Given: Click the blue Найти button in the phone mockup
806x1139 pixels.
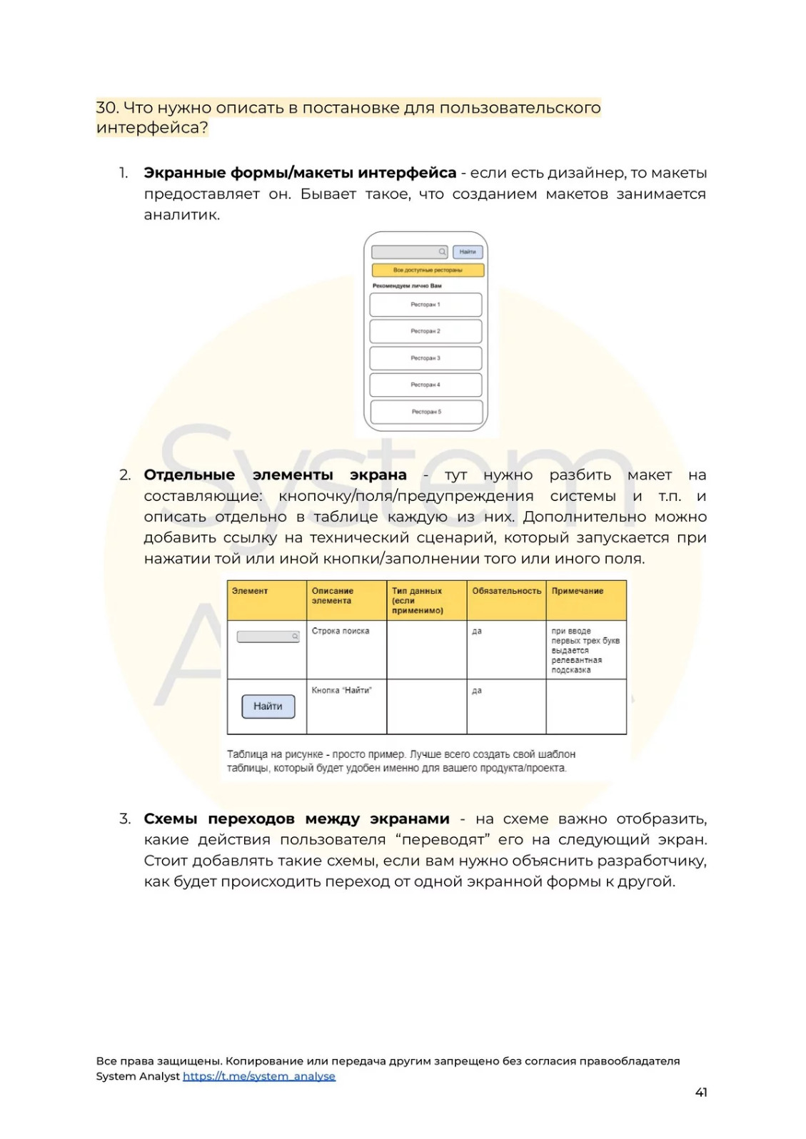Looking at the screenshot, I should pyautogui.click(x=468, y=252).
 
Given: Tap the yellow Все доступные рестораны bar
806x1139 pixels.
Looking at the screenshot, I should pyautogui.click(x=428, y=270).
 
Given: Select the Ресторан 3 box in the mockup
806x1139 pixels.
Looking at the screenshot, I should pyautogui.click(x=425, y=358).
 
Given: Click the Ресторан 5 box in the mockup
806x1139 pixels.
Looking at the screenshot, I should pyautogui.click(x=426, y=412).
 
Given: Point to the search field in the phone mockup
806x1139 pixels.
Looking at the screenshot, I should pyautogui.click(x=410, y=252).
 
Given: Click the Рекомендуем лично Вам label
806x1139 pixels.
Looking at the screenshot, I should pyautogui.click(x=407, y=286).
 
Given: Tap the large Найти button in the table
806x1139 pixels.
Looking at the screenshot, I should pyautogui.click(x=268, y=706).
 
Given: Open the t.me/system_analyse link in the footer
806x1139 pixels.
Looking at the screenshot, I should pyautogui.click(x=258, y=1076).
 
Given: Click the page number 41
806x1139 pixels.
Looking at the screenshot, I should pyautogui.click(x=700, y=1092).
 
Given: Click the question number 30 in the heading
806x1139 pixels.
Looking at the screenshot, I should pyautogui.click(x=107, y=108).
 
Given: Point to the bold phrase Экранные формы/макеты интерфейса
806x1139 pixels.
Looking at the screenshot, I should pyautogui.click(x=300, y=173).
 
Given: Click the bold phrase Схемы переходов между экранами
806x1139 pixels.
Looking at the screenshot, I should pyautogui.click(x=296, y=819).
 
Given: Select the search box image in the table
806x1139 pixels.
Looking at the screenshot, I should pyautogui.click(x=268, y=637).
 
